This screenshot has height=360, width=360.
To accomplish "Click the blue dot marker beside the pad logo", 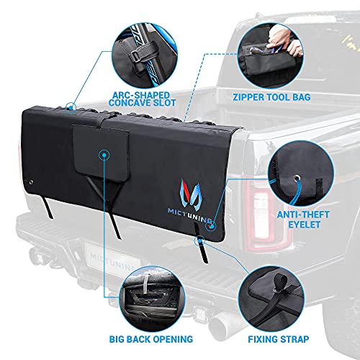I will (x=210, y=226).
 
